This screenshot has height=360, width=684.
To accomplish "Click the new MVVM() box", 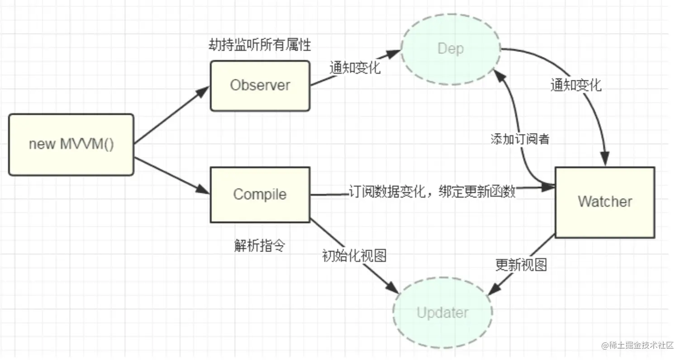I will point(71,145).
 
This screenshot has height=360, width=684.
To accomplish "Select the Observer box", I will point(260,85).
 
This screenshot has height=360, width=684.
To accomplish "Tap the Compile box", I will point(260,194).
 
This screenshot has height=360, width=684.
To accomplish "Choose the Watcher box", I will point(605,202).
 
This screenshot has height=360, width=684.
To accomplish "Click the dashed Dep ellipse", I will point(451,49).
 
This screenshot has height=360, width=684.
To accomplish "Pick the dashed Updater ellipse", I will point(442,313).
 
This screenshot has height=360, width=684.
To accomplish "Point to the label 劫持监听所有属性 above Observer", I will point(260,45).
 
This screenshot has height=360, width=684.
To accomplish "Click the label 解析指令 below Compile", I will point(260,246).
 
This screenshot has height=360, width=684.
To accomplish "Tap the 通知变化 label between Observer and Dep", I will point(355,68).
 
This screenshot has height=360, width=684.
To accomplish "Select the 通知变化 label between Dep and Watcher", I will point(576,85).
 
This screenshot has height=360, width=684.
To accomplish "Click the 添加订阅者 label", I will point(520,139).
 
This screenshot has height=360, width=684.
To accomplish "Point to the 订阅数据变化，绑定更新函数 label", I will point(432,192).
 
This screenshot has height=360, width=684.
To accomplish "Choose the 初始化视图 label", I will point(354,256).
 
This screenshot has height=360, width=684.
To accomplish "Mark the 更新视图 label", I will point(521,265).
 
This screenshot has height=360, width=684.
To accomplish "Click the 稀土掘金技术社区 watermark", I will point(637,346).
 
